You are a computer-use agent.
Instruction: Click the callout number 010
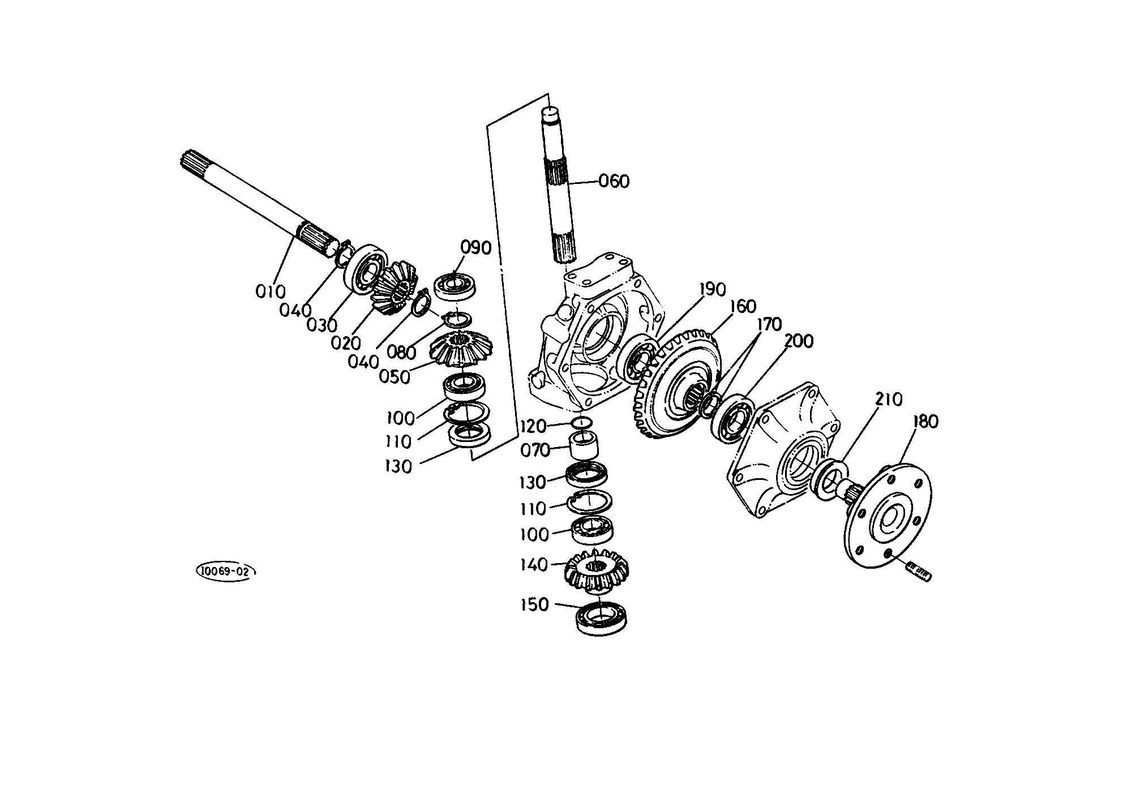click(271, 292)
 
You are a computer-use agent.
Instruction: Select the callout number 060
click(614, 182)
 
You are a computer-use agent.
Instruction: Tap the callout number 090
click(475, 248)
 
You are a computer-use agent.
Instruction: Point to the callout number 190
click(712, 289)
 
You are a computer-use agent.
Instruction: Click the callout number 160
click(743, 306)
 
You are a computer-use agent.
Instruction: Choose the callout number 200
click(799, 341)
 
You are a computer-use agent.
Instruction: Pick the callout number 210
click(889, 400)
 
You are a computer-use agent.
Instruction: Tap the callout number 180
click(925, 422)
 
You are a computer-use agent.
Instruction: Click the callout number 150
click(535, 604)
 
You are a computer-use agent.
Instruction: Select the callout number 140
click(534, 565)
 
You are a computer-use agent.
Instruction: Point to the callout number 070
click(535, 450)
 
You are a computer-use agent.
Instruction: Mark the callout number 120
click(534, 426)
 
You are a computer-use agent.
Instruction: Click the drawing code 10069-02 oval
click(226, 571)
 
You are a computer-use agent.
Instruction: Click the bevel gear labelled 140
click(598, 570)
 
